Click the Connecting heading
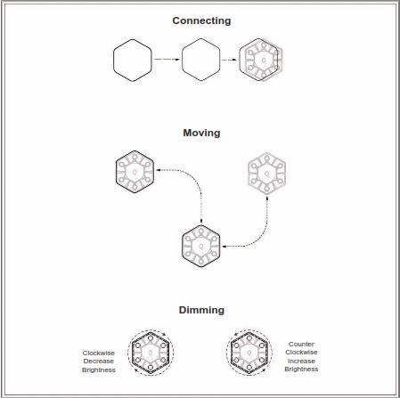[201, 20]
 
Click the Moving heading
[201, 133]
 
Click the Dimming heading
[201, 310]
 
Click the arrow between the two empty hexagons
[167, 60]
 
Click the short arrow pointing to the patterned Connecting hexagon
[230, 60]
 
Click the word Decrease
[99, 361]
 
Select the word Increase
[301, 361]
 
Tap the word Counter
[301, 344]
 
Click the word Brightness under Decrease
[99, 370]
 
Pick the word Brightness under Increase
[301, 370]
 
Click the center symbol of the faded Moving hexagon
[267, 174]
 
